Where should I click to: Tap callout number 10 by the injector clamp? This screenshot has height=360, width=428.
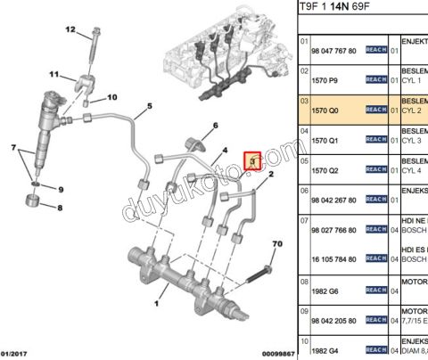112,97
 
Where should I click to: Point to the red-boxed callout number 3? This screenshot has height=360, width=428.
252,161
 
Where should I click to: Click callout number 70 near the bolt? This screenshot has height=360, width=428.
276,243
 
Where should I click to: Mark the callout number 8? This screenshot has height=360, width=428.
61,209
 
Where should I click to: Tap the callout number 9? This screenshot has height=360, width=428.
61,190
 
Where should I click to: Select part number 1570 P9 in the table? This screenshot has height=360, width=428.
325,78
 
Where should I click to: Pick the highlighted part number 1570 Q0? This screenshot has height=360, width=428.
325,110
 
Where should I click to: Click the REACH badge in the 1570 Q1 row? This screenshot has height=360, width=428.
375,140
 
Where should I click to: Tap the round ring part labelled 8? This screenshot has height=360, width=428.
37,209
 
